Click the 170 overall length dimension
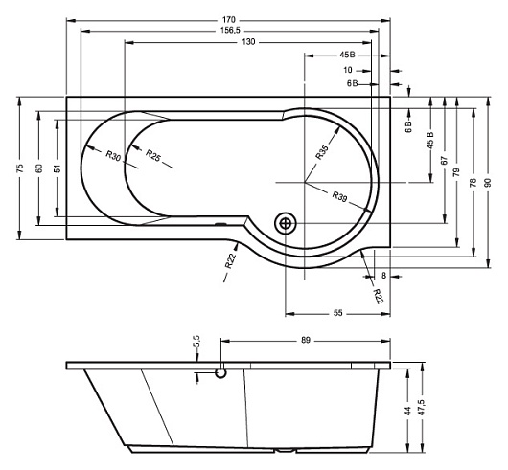tap(229, 20)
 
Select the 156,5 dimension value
tap(230, 30)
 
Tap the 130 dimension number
tap(249, 42)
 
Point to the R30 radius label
tap(113, 156)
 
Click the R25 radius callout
tap(153, 155)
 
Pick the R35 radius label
tap(322, 152)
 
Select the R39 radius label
tap(340, 196)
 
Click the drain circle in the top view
tap(286, 224)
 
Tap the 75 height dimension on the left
tap(20, 168)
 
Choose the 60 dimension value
tap(39, 168)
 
